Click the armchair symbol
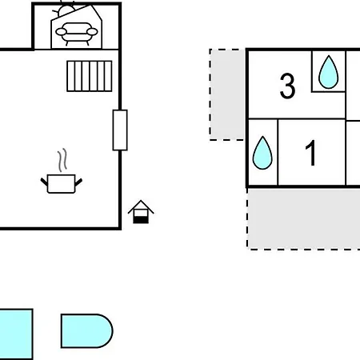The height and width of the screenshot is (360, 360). point(77,34)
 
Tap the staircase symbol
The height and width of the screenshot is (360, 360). point(90,76)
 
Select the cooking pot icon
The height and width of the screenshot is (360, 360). point(62,183)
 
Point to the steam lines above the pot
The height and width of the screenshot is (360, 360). point(62,160)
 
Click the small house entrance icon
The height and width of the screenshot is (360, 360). point(141,212)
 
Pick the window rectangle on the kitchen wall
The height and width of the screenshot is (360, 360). point(120,130)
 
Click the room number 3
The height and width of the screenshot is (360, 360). point(287,86)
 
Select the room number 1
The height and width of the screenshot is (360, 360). point(310,153)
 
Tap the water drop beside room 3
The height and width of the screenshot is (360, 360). point(329,72)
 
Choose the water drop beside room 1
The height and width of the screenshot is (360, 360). point(262,153)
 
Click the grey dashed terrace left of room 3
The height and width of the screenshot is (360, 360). point(227,94)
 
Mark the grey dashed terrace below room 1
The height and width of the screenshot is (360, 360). point(303,218)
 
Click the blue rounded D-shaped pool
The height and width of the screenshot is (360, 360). point(86,331)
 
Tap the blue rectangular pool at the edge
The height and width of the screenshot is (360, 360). point(16,334)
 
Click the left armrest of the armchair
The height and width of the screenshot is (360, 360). point(61,32)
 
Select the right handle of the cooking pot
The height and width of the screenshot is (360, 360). point(78,182)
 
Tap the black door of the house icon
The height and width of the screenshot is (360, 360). point(141,220)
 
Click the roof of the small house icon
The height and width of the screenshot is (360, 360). point(141,206)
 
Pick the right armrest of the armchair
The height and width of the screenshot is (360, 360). point(92,32)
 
